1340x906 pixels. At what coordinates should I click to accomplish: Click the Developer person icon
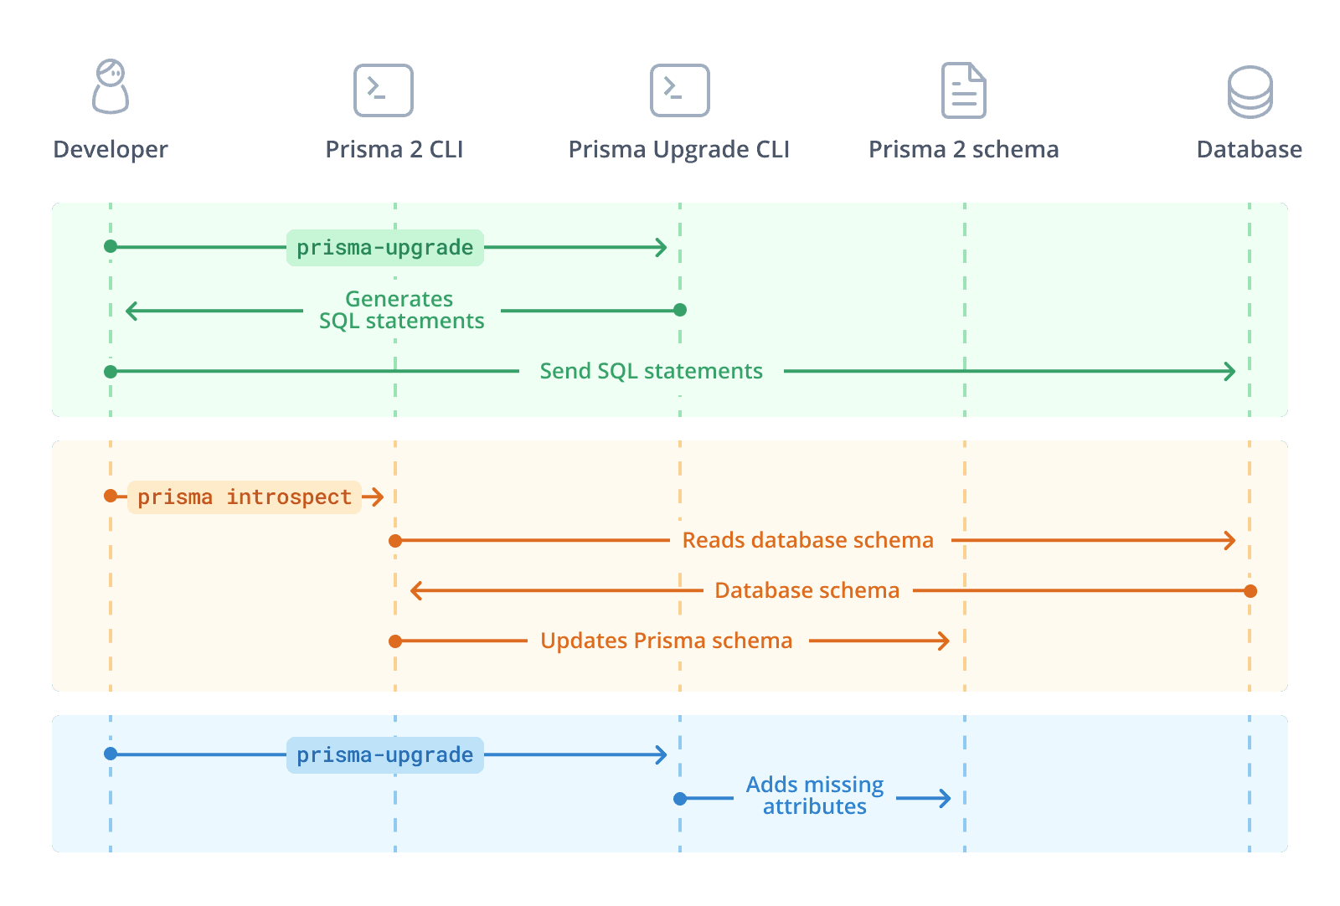point(111,87)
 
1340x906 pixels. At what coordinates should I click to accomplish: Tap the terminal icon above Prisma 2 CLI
point(384,90)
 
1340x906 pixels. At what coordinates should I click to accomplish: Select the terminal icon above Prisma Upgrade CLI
point(680,90)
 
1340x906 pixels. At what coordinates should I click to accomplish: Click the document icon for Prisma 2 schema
point(964,90)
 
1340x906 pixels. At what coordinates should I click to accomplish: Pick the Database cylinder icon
point(1250,92)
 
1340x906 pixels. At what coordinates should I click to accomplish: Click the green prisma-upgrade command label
point(385,248)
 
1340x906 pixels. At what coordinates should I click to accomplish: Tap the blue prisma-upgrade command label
point(385,755)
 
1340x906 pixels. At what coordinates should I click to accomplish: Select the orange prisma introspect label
point(245,497)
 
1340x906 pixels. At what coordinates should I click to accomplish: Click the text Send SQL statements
point(651,371)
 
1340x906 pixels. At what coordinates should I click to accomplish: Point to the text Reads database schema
point(807,540)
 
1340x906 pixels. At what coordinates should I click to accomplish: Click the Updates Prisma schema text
point(666,641)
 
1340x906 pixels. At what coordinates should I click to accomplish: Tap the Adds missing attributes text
point(815,795)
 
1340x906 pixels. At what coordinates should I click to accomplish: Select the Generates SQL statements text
point(401,310)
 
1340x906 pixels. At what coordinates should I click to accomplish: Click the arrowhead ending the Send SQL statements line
point(1231,371)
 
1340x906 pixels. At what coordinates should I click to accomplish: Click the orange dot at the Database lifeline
point(1250,591)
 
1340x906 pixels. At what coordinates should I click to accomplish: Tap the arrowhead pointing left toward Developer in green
point(131,311)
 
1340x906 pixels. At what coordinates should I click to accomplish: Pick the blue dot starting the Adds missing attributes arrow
point(680,799)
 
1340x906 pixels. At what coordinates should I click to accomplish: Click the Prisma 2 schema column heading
point(963,150)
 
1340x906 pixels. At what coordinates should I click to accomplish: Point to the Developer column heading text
point(111,150)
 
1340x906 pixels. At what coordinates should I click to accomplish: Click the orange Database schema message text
point(807,590)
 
